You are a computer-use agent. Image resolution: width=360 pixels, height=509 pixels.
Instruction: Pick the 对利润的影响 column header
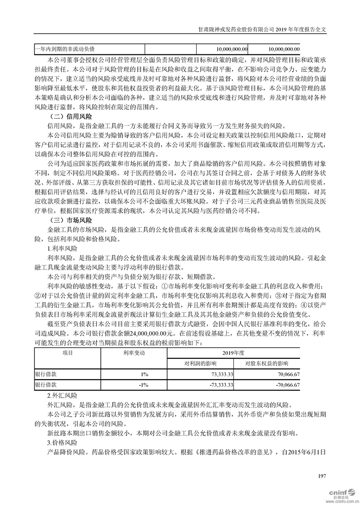click(x=200, y=363)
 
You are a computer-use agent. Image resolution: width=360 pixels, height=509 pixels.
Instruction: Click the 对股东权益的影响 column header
click(x=267, y=363)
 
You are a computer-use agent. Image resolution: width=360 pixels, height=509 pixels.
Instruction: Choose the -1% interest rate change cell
click(x=144, y=385)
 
